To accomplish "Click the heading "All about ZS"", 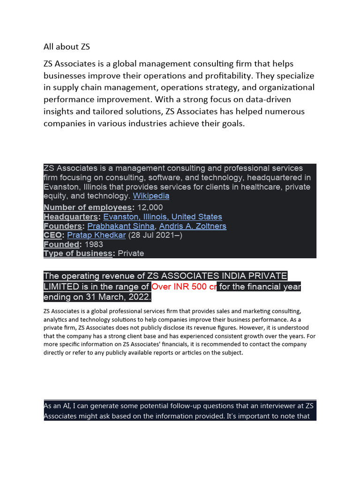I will tap(67, 46).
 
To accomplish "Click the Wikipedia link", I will tap(151, 196).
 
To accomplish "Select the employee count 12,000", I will tap(150, 207).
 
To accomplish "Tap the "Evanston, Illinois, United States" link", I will tap(163, 217).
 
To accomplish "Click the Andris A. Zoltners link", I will tap(193, 226).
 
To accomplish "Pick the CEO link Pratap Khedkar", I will tap(97, 235).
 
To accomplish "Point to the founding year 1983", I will tap(94, 244).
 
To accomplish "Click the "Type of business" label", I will tap(78, 253).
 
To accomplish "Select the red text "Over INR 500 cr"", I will tap(184, 286).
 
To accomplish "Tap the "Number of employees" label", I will tap(88, 207).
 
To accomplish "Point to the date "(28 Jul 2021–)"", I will tap(155, 235).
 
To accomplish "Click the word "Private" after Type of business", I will tap(131, 253).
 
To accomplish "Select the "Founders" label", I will tap(63, 226).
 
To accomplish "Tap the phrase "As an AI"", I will tap(58, 406).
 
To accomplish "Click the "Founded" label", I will tap(61, 244).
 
